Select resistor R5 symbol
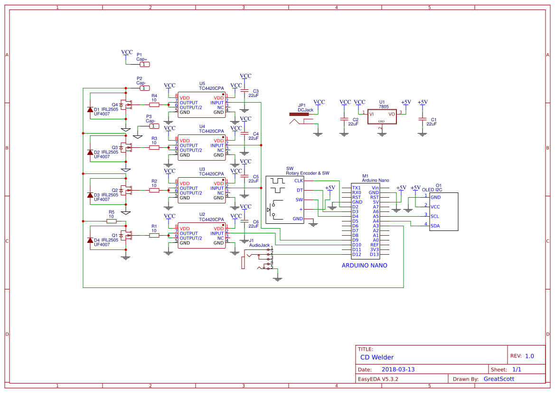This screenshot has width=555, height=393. pyautogui.click(x=112, y=221)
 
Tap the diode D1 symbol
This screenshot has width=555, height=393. pyautogui.click(x=90, y=110)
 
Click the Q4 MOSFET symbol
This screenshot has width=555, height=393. pyautogui.click(x=125, y=105)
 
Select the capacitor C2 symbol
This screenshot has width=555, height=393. pyautogui.click(x=345, y=119)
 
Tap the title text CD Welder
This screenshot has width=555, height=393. pyautogui.click(x=377, y=357)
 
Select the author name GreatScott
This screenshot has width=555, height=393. pyautogui.click(x=499, y=379)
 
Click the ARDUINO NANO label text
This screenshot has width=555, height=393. pyautogui.click(x=364, y=266)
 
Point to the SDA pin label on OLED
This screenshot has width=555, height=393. pyautogui.click(x=435, y=226)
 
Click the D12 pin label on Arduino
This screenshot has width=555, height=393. pyautogui.click(x=357, y=254)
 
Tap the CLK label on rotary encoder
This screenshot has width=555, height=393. pyautogui.click(x=299, y=181)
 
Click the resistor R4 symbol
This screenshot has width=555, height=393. pyautogui.click(x=154, y=105)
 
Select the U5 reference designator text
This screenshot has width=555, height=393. pyautogui.click(x=202, y=83)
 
